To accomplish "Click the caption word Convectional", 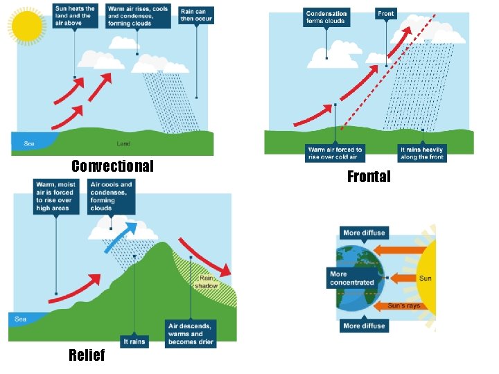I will (x=112, y=166).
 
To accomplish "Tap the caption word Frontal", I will (x=369, y=177).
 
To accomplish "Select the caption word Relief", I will (x=87, y=355).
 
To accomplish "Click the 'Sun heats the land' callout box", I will (x=74, y=15).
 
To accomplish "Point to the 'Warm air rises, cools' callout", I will (x=137, y=15).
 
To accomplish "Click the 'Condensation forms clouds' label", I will (x=326, y=17).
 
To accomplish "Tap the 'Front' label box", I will (x=386, y=13).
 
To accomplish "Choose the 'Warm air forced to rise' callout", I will (x=335, y=153).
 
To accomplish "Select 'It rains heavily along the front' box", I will (x=422, y=153).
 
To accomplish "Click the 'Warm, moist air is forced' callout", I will (x=55, y=196).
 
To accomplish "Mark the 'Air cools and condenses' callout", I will (x=111, y=196).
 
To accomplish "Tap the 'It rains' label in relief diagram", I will (x=134, y=341).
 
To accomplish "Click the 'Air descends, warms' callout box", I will (x=191, y=333).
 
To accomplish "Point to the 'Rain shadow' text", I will (x=206, y=282).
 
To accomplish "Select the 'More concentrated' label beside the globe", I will (x=352, y=278).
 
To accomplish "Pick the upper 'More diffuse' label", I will (x=363, y=233).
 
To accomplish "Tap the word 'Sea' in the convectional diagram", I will (x=29, y=144).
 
